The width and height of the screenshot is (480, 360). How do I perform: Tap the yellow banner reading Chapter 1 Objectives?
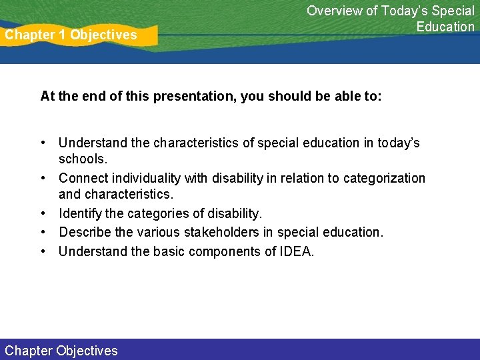click(x=73, y=35)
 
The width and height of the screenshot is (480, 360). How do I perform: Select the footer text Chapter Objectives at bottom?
click(x=61, y=351)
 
